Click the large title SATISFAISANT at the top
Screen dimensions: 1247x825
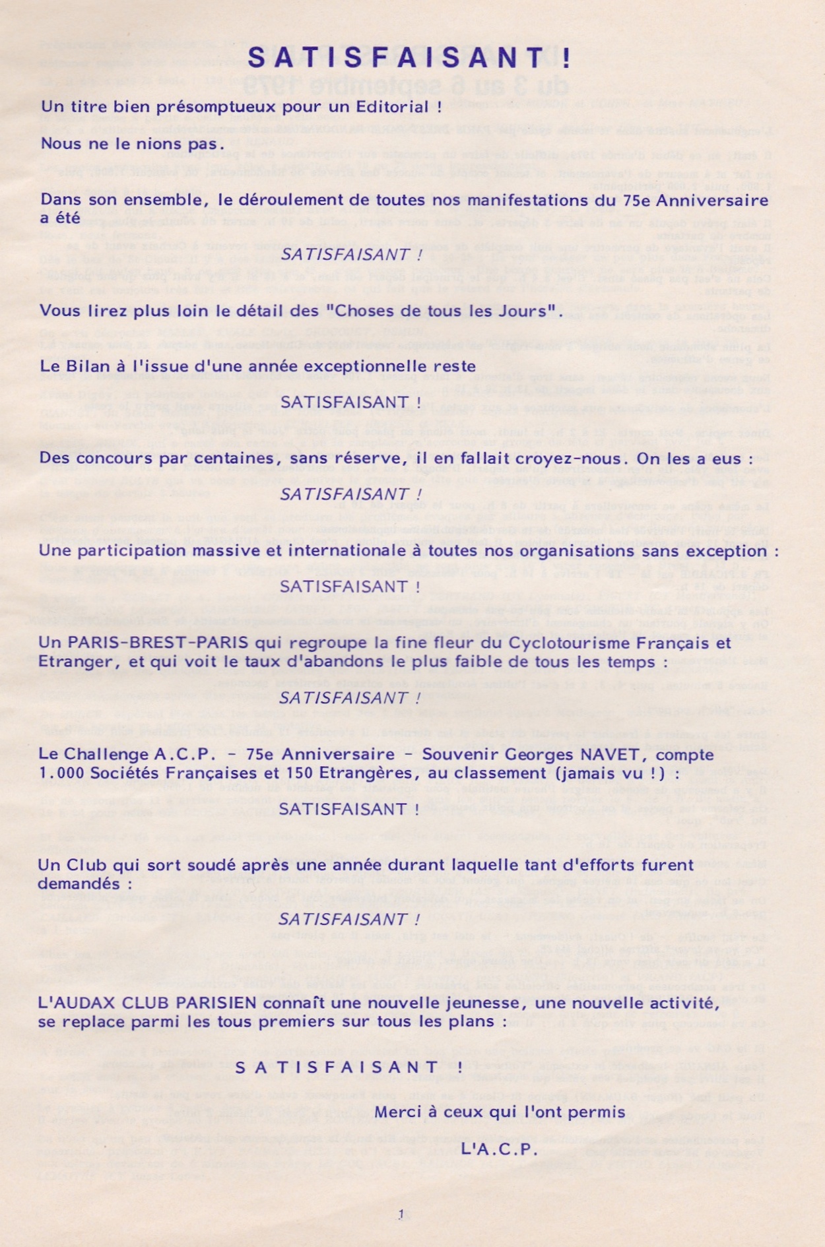[409, 57]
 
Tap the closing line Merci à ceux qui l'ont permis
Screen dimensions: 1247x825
[500, 1112]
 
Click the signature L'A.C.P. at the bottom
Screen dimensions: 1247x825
[499, 1149]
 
